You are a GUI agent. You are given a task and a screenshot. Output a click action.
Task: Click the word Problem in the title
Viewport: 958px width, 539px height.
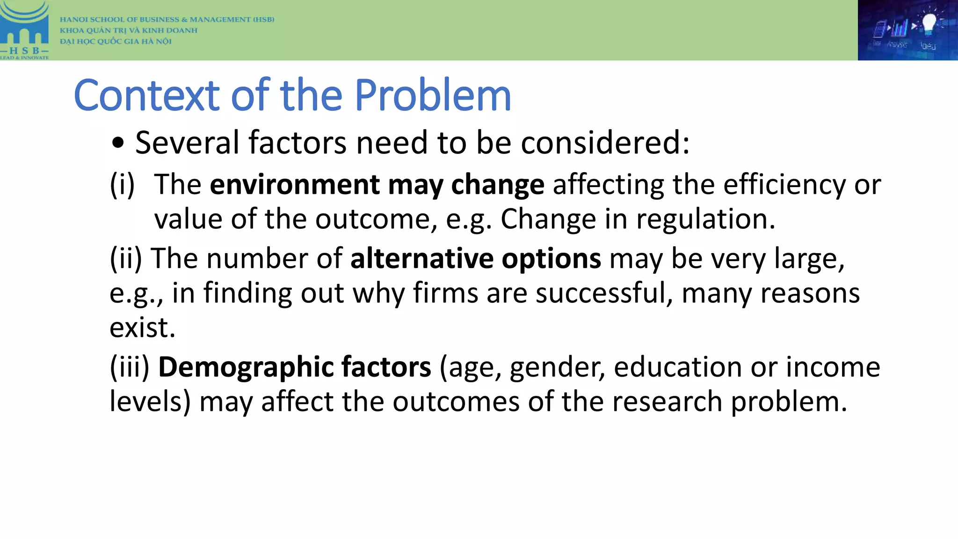click(433, 95)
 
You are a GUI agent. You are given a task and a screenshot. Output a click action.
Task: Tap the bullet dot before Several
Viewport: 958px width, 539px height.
click(118, 144)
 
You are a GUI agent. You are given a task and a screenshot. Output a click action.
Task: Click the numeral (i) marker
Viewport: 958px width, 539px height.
click(122, 184)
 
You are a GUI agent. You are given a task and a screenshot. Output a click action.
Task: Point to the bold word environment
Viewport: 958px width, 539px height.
click(294, 184)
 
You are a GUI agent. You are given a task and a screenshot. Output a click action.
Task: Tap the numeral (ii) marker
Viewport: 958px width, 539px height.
click(125, 258)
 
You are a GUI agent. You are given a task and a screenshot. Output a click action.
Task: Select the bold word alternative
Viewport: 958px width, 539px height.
click(421, 258)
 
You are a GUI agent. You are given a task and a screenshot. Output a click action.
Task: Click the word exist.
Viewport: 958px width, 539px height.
click(142, 328)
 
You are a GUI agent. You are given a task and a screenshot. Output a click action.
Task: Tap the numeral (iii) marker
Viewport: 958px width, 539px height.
click(130, 367)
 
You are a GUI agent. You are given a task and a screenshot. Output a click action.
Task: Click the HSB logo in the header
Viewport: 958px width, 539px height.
click(24, 30)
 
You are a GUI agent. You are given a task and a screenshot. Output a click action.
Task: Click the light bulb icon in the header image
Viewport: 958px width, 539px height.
click(929, 23)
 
